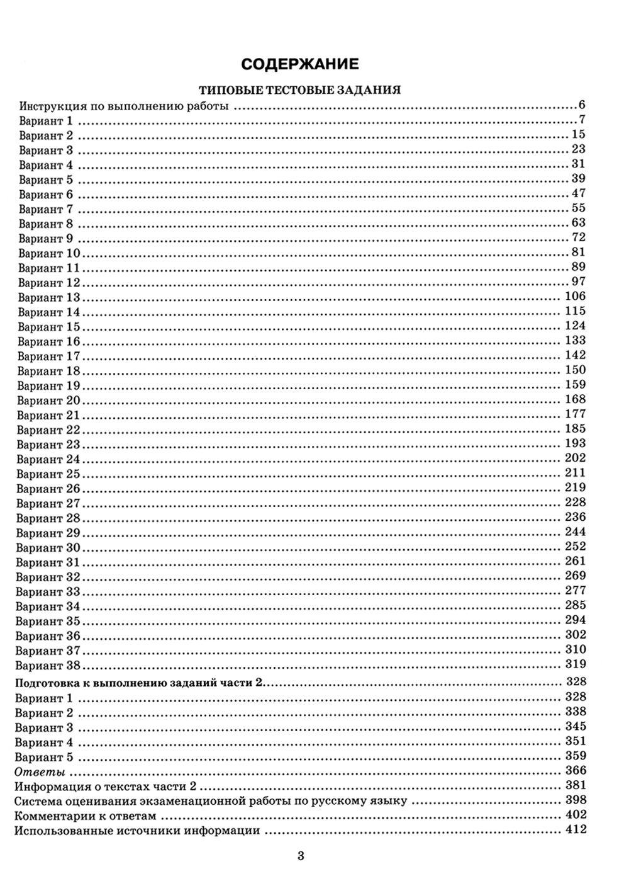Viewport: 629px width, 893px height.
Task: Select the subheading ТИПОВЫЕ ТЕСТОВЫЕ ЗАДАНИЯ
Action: tap(299, 90)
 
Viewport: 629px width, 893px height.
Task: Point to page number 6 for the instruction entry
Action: tap(582, 105)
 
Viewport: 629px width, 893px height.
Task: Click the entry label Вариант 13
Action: tap(49, 297)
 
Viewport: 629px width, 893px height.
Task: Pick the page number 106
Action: tap(575, 297)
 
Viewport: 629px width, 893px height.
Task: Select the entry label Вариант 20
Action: tap(48, 401)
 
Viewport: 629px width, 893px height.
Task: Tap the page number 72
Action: tap(578, 237)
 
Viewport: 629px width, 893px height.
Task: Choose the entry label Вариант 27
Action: tap(48, 503)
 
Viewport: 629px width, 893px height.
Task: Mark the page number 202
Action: tap(575, 458)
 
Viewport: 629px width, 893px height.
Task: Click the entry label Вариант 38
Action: tap(48, 665)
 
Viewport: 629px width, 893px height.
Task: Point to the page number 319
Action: tap(575, 664)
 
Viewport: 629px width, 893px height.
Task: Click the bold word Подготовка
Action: tap(48, 683)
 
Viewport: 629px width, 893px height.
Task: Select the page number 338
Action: tap(575, 712)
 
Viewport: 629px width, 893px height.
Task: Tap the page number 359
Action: tap(575, 756)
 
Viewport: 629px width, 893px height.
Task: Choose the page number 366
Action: tap(575, 771)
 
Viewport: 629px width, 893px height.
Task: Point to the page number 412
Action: tap(575, 830)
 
